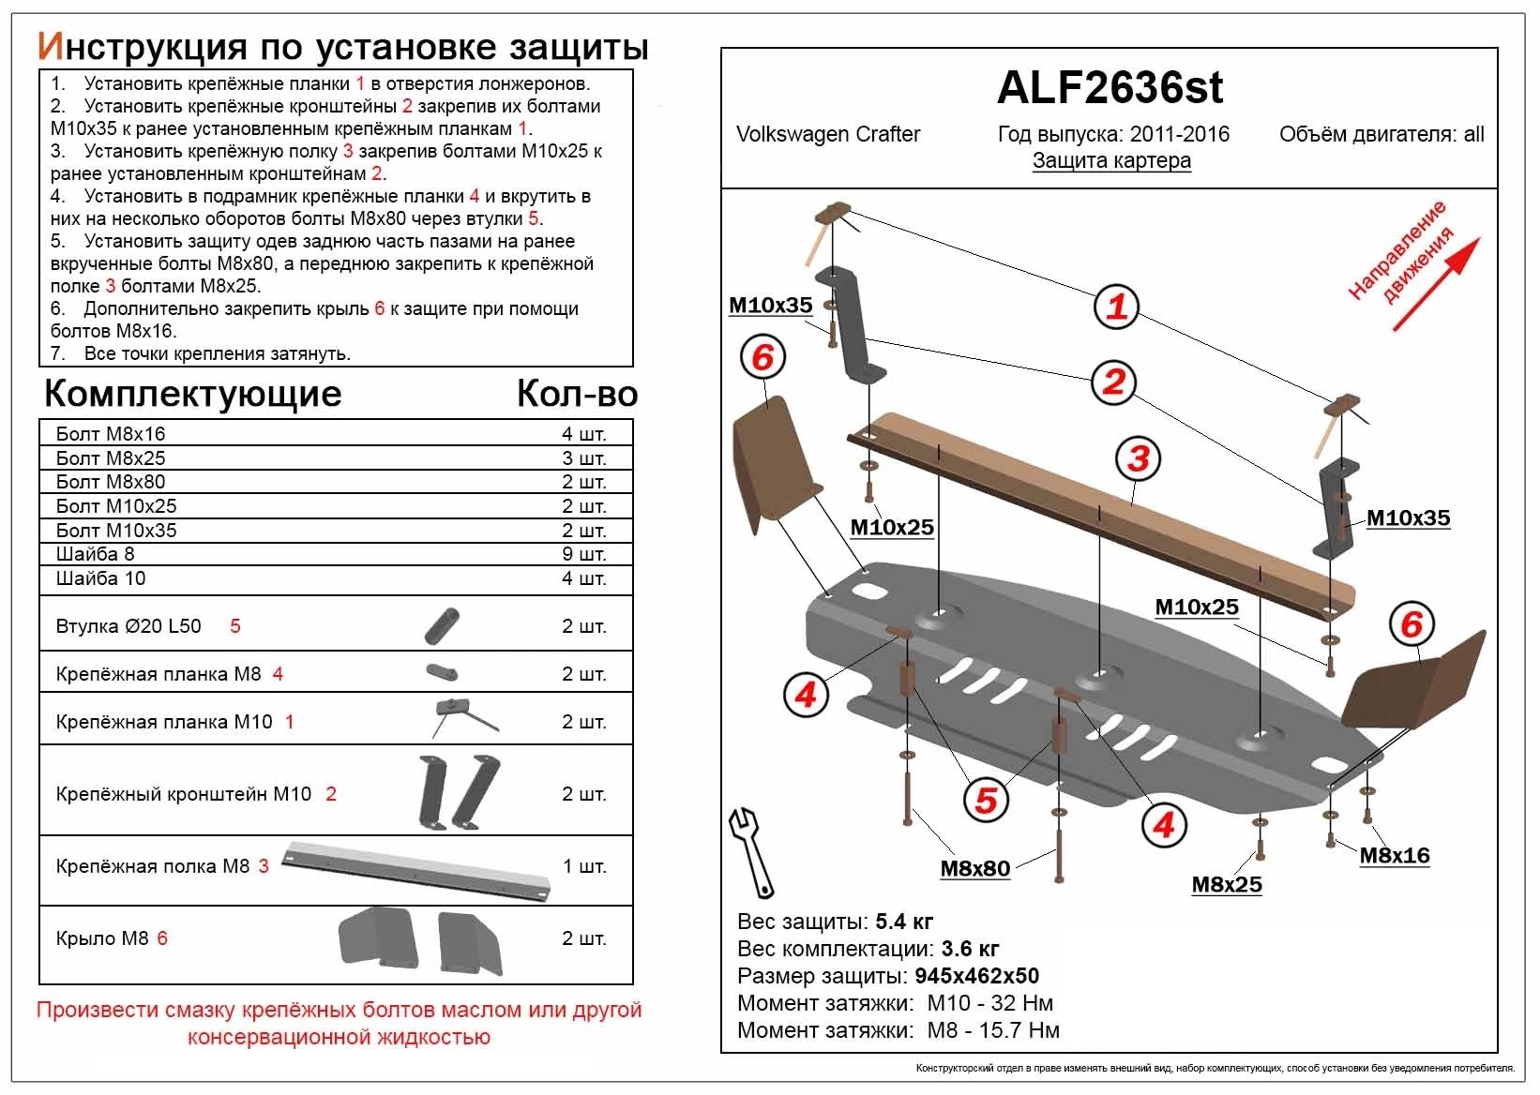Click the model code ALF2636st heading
click(x=1110, y=87)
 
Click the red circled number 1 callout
click(x=1116, y=307)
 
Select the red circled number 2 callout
click(x=1113, y=382)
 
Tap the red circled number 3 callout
click(x=1139, y=458)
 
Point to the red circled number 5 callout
click(x=986, y=800)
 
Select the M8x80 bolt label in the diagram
click(x=974, y=868)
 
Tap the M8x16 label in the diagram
click(x=1394, y=855)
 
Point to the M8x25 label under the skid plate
click(x=1226, y=884)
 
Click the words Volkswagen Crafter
click(x=828, y=134)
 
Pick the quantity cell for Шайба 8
click(x=583, y=554)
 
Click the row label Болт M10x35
click(x=116, y=530)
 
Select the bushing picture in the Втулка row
click(x=442, y=625)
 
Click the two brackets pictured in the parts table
click(x=459, y=792)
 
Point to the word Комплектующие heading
click(x=192, y=394)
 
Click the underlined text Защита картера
click(x=1111, y=160)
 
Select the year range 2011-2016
click(x=1179, y=134)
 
